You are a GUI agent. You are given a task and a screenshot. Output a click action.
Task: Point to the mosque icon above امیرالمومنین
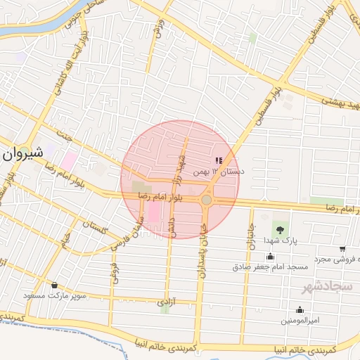pos(300,309)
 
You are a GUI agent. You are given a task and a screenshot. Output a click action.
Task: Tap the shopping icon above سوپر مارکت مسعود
pos(55,285)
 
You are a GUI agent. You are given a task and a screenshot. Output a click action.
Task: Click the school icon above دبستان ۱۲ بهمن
pos(217,160)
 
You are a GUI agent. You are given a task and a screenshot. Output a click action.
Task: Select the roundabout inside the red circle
pos(206,200)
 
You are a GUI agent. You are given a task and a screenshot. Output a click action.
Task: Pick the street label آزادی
pos(163,302)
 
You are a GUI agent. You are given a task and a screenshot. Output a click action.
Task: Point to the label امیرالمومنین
pos(300,321)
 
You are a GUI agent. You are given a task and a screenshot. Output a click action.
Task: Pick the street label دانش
pos(170,227)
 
